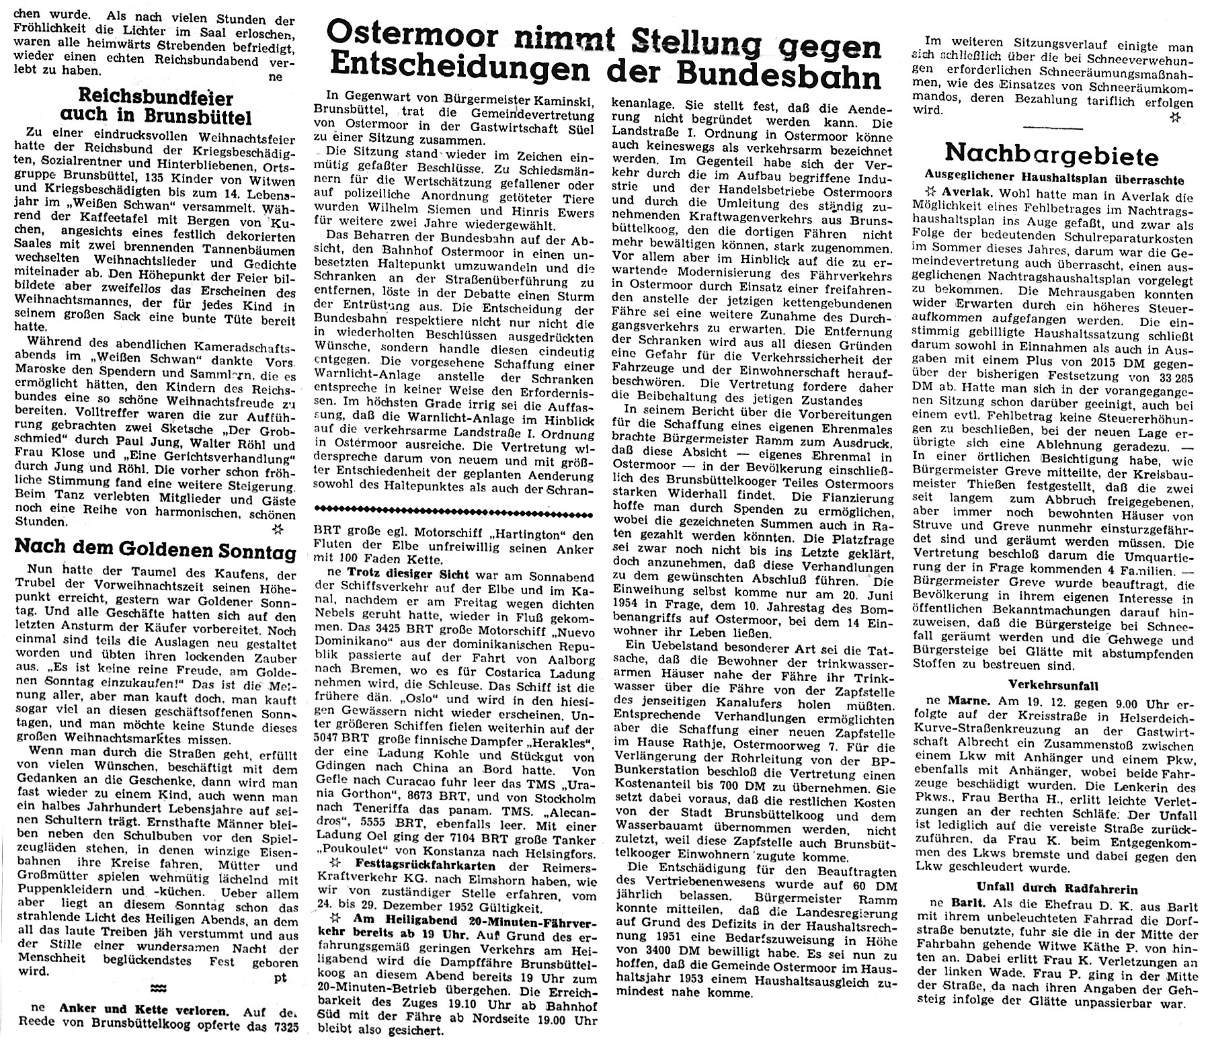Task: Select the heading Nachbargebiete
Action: (1051, 154)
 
